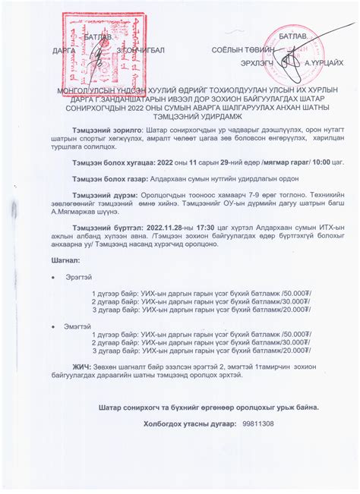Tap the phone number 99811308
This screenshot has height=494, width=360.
coord(259,423)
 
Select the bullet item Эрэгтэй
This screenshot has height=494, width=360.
coord(77,276)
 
